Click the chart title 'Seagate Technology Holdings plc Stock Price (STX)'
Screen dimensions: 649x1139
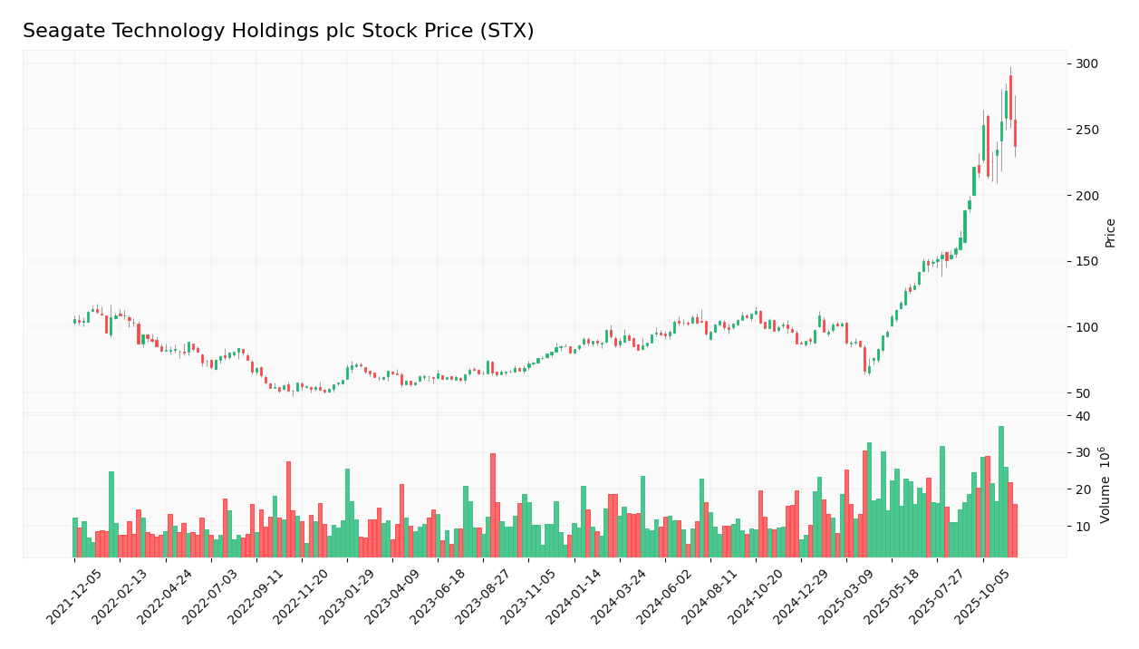pyautogui.click(x=278, y=32)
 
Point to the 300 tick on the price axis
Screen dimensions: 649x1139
pyautogui.click(x=1086, y=63)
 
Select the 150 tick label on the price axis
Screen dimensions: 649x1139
pyautogui.click(x=1086, y=261)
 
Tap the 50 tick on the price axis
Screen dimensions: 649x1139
pyautogui.click(x=1084, y=392)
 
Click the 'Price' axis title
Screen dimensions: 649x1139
pyautogui.click(x=1110, y=233)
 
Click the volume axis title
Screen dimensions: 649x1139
pyautogui.click(x=1105, y=485)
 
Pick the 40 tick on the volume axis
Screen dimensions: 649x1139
pyautogui.click(x=1083, y=416)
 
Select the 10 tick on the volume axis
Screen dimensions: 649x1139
pyautogui.click(x=1083, y=526)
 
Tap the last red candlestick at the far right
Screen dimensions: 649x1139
pyautogui.click(x=1015, y=133)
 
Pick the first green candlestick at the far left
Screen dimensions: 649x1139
pyautogui.click(x=75, y=321)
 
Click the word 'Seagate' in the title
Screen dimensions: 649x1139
pyautogui.click(x=59, y=32)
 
